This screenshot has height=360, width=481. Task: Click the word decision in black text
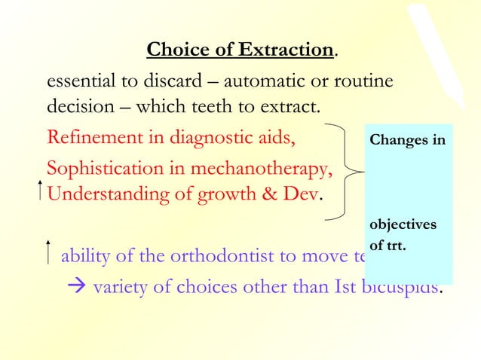[78, 108]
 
